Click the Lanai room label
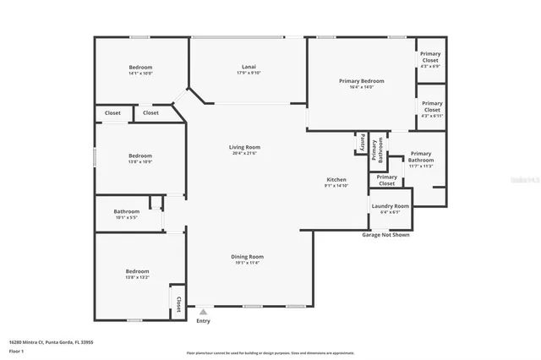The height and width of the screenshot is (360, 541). [249, 67]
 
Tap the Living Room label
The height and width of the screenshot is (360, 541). [243, 148]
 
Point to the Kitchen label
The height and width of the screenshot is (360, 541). [336, 180]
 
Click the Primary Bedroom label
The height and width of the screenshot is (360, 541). [362, 81]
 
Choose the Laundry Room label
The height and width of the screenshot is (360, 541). [390, 206]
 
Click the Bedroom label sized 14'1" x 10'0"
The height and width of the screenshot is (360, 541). [140, 67]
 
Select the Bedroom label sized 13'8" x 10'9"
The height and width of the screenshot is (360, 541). [140, 155]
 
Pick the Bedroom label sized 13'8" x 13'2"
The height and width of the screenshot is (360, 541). [138, 271]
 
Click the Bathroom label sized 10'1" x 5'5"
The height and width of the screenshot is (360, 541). [127, 211]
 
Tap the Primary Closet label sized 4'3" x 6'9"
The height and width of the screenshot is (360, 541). [431, 57]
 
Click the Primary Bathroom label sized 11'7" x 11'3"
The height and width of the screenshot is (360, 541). [420, 156]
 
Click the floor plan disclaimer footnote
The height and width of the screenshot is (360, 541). [270, 352]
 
